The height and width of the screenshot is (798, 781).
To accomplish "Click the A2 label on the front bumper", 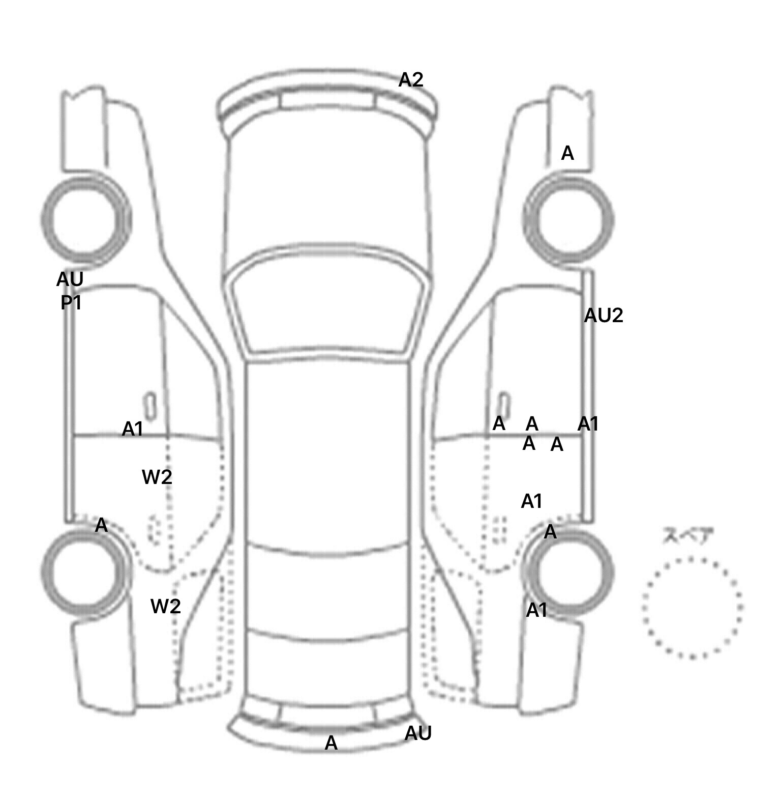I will click(x=411, y=80).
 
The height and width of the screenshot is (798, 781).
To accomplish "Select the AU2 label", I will click(x=603, y=316).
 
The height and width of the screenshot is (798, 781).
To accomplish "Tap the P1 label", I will click(x=71, y=303).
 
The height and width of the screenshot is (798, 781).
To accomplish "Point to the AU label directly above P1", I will click(x=70, y=279).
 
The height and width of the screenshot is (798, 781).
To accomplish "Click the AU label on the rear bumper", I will click(x=418, y=733).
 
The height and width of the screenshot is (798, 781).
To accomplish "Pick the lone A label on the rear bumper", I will click(x=331, y=744).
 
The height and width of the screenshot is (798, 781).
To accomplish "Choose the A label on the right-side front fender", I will click(x=567, y=153).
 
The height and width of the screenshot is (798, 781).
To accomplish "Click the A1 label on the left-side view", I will click(x=133, y=430).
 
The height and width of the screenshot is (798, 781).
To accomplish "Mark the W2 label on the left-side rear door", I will click(x=157, y=477).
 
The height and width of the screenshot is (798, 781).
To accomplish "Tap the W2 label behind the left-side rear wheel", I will click(x=166, y=607).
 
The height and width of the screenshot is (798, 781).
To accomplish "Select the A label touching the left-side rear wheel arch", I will click(x=101, y=525).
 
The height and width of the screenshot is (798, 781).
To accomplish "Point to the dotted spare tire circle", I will click(x=692, y=607).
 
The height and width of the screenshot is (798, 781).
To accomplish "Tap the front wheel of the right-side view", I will click(x=569, y=220).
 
